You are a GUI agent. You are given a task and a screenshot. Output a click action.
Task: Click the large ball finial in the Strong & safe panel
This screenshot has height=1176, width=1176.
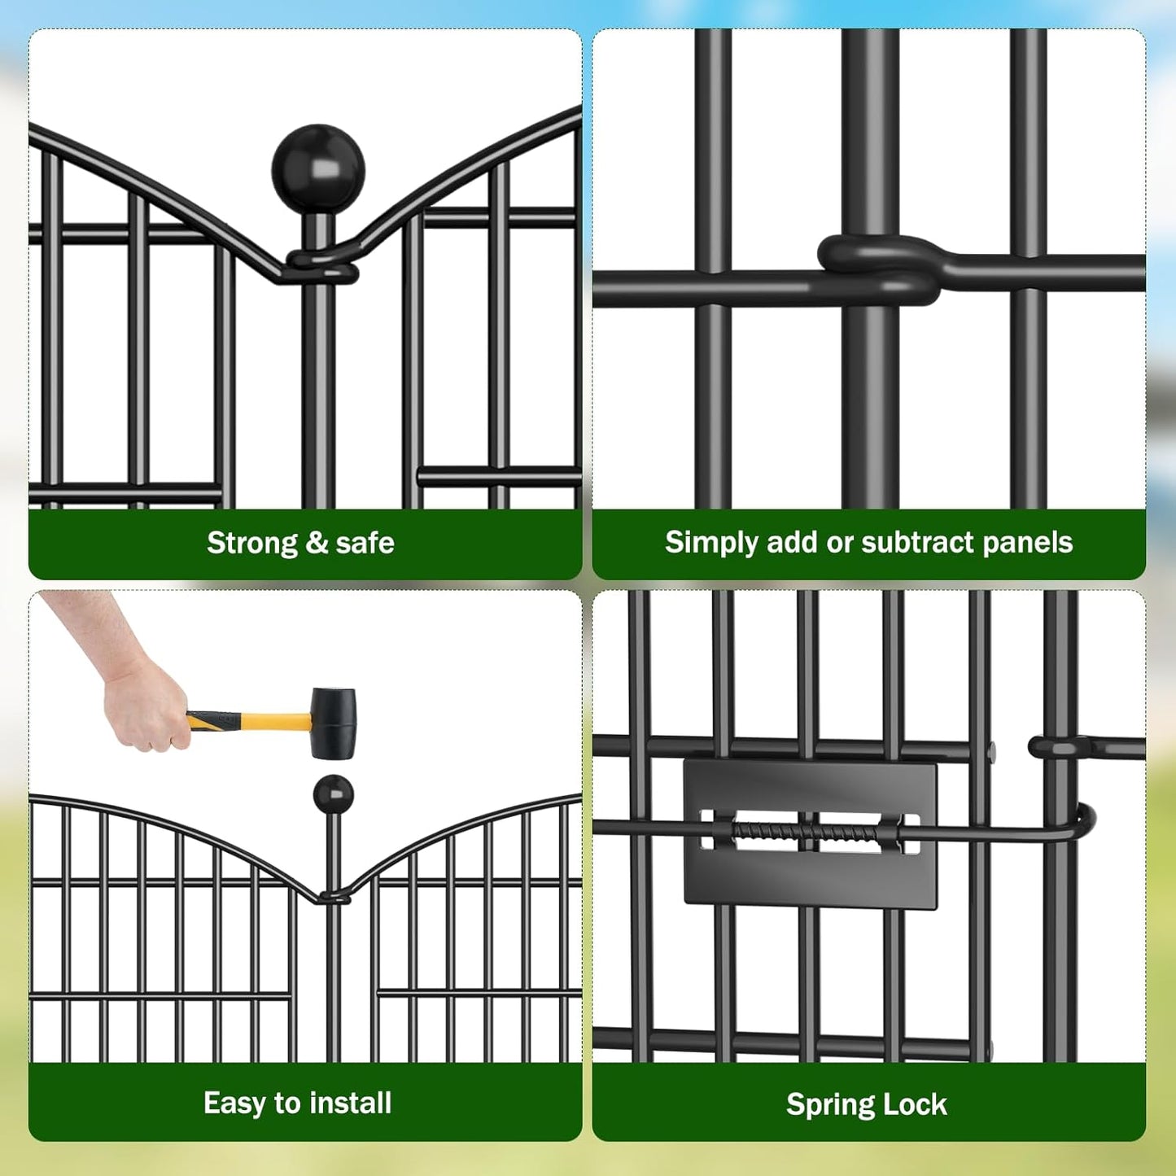(318, 169)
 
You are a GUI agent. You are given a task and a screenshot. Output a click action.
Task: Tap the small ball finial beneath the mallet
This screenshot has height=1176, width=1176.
(333, 794)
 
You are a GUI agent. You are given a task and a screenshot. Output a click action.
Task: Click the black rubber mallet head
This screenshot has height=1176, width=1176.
(334, 723)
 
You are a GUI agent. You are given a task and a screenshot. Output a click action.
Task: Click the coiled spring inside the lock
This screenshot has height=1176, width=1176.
(806, 833)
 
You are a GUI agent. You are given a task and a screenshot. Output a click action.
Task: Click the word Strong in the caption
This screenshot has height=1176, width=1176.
(252, 543)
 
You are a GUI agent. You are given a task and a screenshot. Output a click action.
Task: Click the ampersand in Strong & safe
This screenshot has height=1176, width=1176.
(317, 543)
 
